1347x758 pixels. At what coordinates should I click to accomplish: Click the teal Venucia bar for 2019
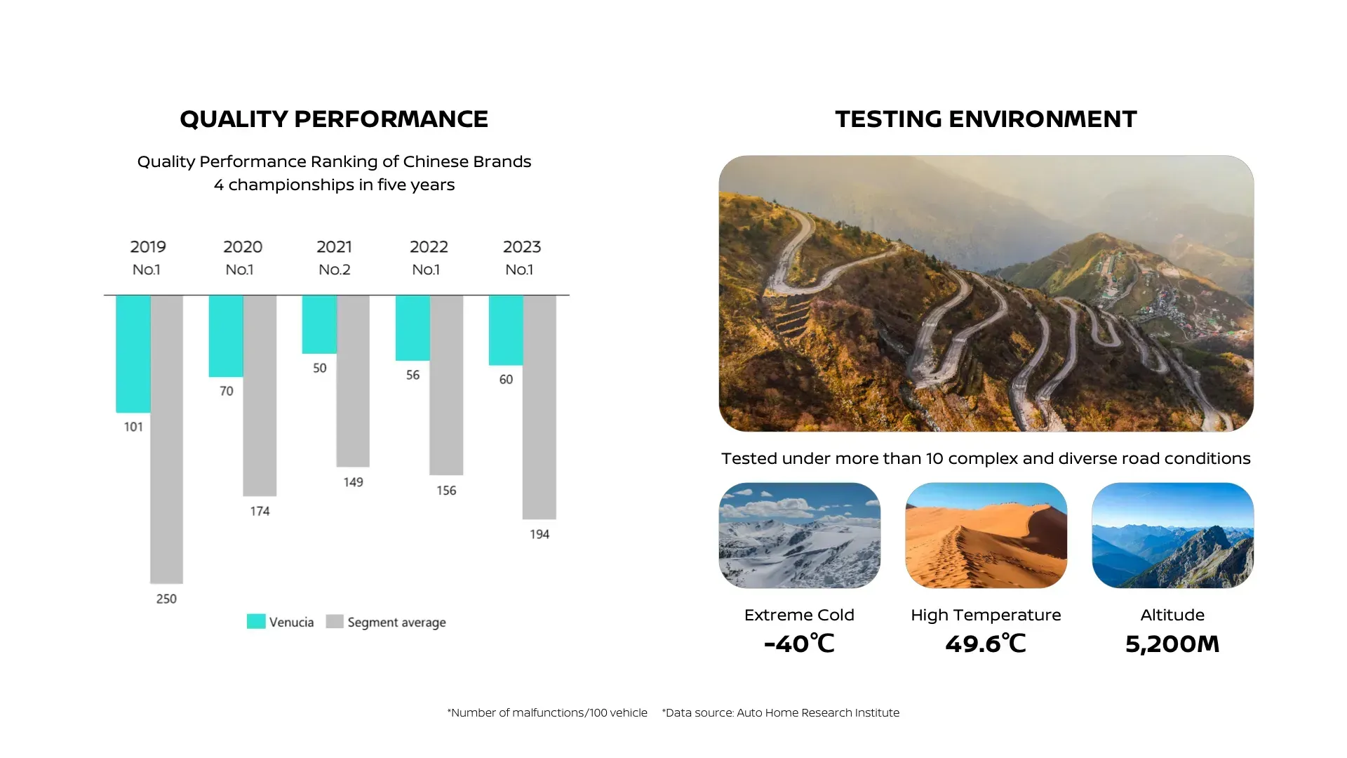(x=133, y=353)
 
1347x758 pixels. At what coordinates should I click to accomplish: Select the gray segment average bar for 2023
(x=540, y=407)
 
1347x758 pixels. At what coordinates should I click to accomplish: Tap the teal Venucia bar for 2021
(x=319, y=324)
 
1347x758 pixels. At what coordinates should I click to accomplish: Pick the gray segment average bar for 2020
(x=260, y=395)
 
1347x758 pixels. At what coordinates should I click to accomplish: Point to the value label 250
(x=166, y=599)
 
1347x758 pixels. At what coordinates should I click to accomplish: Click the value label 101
(x=133, y=427)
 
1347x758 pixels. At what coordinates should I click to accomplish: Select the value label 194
(x=540, y=534)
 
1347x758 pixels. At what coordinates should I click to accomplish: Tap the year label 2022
(x=429, y=247)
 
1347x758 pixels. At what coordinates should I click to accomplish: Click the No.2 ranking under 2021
(x=335, y=270)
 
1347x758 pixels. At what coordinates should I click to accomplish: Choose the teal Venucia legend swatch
(x=256, y=621)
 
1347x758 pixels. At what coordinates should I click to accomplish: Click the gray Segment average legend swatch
(x=335, y=621)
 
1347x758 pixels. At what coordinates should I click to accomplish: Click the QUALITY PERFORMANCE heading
(x=334, y=119)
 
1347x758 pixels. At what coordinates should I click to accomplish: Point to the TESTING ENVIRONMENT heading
(x=986, y=119)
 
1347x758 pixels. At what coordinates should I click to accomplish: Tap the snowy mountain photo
(x=799, y=535)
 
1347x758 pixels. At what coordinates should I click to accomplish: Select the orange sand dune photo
(x=986, y=535)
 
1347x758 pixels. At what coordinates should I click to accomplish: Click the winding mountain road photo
(x=986, y=293)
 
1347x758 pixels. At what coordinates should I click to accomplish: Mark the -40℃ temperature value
(x=799, y=644)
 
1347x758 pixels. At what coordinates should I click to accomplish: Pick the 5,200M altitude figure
(x=1172, y=644)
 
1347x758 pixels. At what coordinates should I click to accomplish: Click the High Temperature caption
(x=986, y=615)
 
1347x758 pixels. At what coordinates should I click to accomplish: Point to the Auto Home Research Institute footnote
(x=781, y=712)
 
